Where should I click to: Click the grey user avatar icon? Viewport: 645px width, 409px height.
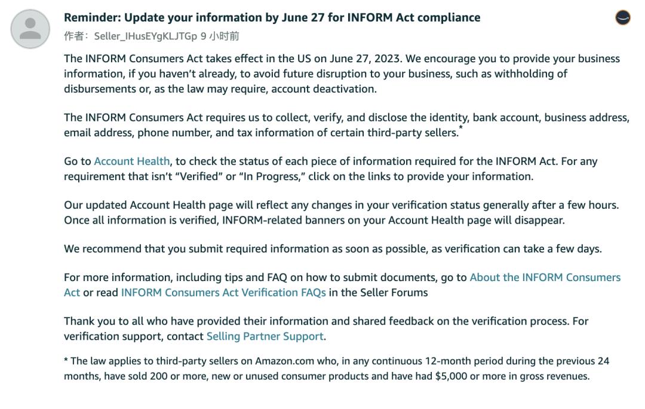click(30, 29)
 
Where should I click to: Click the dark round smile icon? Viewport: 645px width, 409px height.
click(622, 18)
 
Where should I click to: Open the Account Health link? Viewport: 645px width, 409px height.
click(132, 161)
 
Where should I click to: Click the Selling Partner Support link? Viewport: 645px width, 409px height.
click(265, 337)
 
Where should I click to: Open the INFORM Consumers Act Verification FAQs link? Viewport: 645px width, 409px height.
click(223, 293)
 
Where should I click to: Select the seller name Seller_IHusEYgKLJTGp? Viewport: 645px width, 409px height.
click(146, 36)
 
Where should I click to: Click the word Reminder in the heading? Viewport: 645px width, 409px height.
click(91, 18)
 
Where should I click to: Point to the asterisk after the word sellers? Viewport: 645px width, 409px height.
click(460, 129)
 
